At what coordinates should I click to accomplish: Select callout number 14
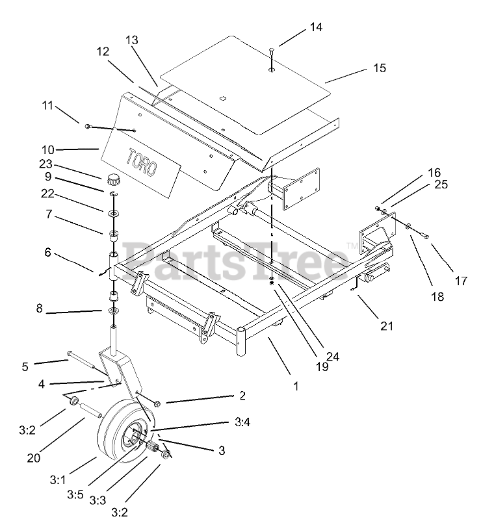(x=316, y=27)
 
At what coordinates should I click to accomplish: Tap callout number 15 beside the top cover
(x=380, y=68)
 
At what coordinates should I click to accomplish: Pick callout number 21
(x=387, y=326)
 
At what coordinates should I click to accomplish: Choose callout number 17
(x=461, y=281)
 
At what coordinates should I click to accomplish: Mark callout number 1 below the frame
(x=296, y=385)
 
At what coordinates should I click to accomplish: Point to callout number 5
(x=25, y=366)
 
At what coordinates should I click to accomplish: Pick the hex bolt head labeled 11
(x=86, y=123)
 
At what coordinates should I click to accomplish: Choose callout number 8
(x=39, y=309)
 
